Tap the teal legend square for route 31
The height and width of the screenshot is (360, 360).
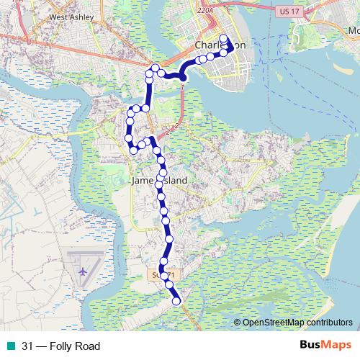(x=9, y=346)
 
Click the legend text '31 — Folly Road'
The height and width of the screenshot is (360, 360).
(x=60, y=346)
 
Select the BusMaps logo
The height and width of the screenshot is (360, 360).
(x=325, y=346)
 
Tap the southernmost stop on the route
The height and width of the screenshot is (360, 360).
(x=177, y=302)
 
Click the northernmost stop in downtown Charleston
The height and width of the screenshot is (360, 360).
(x=223, y=38)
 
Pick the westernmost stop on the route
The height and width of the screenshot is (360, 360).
(x=128, y=138)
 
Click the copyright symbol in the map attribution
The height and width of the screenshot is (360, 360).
(x=237, y=322)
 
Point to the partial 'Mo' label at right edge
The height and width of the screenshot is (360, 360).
(x=354, y=32)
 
